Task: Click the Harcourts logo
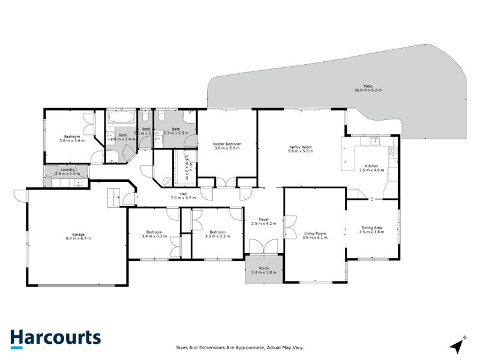point(55,338)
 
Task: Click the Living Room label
point(315,234)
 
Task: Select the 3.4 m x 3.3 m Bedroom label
point(154,234)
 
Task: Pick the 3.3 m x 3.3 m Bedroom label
point(217,234)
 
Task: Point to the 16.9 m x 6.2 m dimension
point(367,90)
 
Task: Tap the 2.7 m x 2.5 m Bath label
point(176,131)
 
